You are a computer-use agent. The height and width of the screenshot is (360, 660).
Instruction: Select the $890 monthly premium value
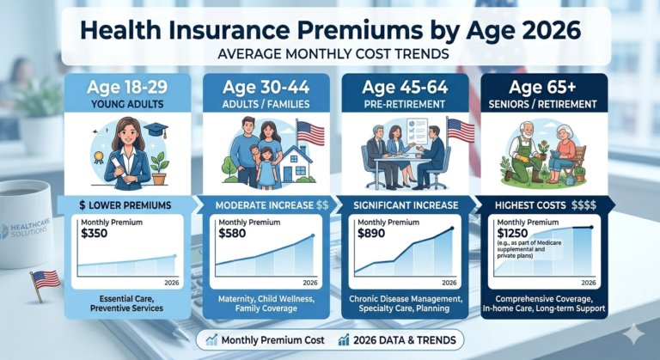pyautogui.click(x=371, y=233)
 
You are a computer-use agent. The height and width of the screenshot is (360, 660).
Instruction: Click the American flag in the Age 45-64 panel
pyautogui.click(x=461, y=131)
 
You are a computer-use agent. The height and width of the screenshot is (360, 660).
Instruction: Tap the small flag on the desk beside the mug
pyautogui.click(x=45, y=279)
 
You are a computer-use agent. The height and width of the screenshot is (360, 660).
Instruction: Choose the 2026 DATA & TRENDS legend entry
pyautogui.click(x=401, y=340)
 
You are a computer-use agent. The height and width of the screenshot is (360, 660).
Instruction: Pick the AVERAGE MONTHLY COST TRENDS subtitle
pyautogui.click(x=330, y=55)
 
